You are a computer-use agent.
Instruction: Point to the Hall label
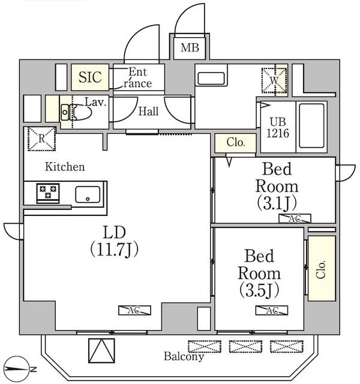tap(149, 112)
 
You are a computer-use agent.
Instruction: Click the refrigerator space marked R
tap(40, 139)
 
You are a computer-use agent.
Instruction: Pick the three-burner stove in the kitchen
tap(46, 193)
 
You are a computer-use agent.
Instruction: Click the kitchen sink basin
tap(88, 194)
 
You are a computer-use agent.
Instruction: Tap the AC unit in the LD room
tap(134, 310)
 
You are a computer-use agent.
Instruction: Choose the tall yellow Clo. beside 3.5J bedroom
tap(321, 268)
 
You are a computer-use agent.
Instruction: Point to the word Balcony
tap(184, 356)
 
